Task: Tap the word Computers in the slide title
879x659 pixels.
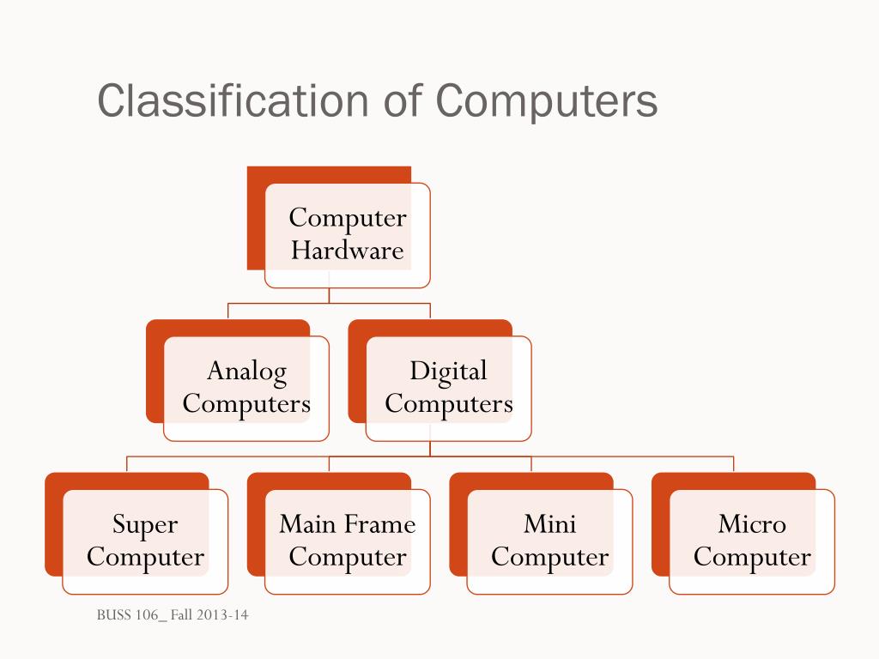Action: click(547, 101)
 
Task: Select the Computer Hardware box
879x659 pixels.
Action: click(347, 234)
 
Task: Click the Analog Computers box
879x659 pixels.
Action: click(246, 388)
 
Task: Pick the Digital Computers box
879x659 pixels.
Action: click(448, 388)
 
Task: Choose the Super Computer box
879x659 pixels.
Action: click(145, 541)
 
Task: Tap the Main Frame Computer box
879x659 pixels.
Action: click(348, 541)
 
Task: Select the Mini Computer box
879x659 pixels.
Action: click(549, 541)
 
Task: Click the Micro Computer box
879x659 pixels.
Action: click(752, 541)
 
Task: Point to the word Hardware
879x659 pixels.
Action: click(347, 251)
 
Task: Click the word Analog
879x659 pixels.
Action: click(246, 372)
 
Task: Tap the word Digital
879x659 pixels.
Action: click(448, 372)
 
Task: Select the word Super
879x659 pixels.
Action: click(145, 524)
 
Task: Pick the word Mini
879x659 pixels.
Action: click(549, 524)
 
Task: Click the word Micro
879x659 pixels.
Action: click(752, 524)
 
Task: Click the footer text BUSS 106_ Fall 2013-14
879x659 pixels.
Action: click(173, 615)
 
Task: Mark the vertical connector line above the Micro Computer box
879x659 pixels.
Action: click(734, 464)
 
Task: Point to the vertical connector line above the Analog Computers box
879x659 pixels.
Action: click(228, 311)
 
